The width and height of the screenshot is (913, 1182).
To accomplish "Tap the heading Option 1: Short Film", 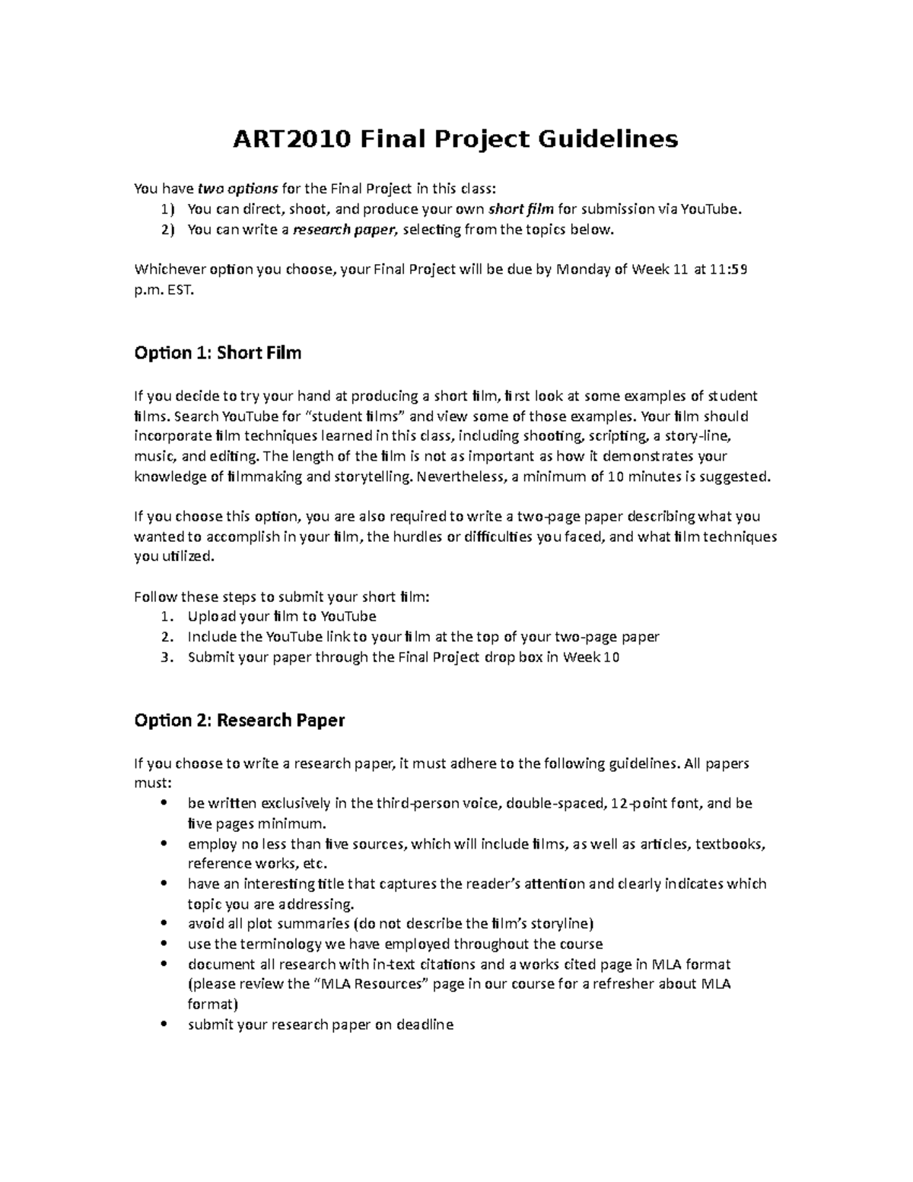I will coord(218,352).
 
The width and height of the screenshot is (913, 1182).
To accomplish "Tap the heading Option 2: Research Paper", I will coord(239,720).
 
